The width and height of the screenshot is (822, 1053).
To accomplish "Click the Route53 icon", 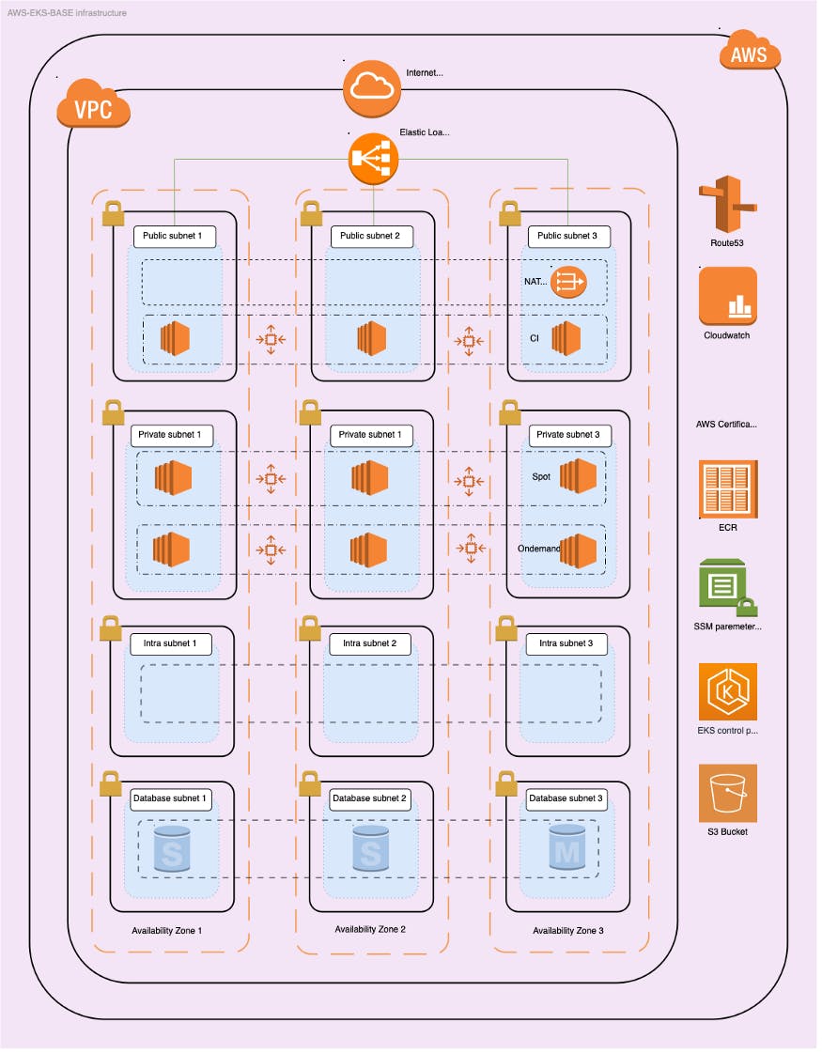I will coord(726,204).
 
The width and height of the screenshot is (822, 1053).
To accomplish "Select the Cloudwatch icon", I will coord(727,296).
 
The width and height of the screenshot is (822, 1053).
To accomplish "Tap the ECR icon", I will coord(727,489).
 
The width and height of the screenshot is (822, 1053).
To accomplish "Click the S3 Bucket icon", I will coord(727,793).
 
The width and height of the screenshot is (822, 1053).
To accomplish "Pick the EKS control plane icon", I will coord(727,692).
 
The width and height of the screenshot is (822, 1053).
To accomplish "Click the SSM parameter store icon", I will coord(727,587).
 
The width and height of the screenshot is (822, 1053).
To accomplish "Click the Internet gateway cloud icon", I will coord(372,85).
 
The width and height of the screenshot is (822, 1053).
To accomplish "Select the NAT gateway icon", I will coord(568,280).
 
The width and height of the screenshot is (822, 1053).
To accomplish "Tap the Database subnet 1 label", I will coord(170,798).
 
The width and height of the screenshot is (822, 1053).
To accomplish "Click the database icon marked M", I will coord(569,849).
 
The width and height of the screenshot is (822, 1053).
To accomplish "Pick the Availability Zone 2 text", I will coord(370,929).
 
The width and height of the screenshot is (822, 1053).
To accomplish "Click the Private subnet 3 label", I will coord(569,435).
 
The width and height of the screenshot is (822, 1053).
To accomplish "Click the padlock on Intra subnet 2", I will coord(310,628).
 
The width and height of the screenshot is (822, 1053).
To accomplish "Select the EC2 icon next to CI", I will coord(566,337).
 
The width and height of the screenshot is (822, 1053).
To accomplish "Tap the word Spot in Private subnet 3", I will coord(541,476).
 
